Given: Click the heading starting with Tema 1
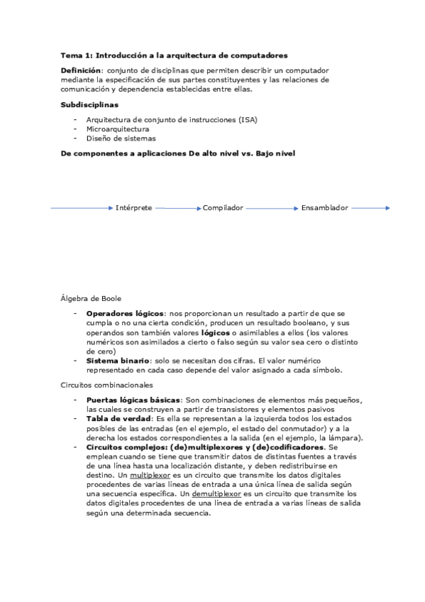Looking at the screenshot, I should coord(174,55).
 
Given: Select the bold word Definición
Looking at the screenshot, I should coord(81,71).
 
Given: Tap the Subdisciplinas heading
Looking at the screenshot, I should coord(89,104).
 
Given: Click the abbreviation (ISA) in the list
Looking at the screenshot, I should coord(248,120).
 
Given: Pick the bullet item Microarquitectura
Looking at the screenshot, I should coord(117,129).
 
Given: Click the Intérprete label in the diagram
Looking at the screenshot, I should coord(133,208).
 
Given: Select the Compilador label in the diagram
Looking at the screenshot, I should coord(223,208).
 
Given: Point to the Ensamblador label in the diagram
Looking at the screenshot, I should coord(324,208).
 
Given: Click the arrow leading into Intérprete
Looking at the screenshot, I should coord(82,208).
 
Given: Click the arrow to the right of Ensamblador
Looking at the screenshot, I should coord(370,208).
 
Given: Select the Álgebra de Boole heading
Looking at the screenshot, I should coord(91,298).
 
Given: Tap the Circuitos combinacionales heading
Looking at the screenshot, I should coord(106,385).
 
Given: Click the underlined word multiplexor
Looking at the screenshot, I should coord(150,474).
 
